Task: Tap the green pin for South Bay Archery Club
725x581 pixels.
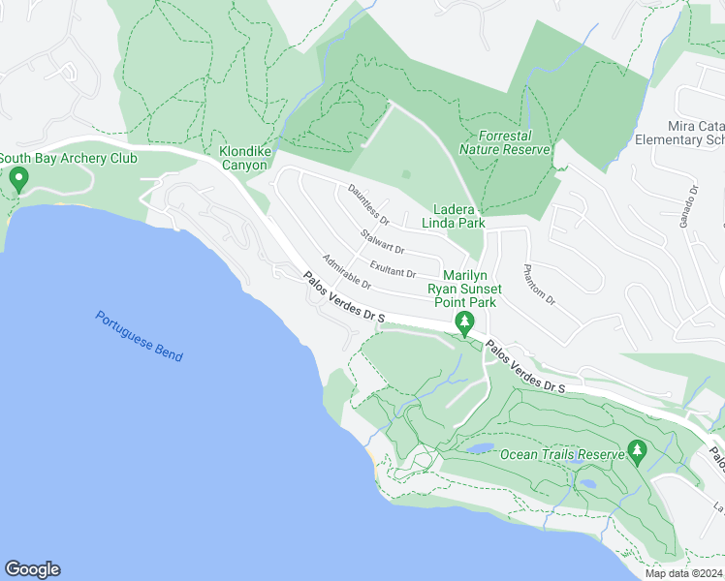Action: point(18,179)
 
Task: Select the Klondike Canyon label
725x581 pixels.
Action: point(229,159)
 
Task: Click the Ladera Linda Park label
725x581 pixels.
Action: point(458,216)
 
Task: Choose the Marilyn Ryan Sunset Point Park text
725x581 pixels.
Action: point(465,289)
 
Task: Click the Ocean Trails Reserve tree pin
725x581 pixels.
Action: point(637,450)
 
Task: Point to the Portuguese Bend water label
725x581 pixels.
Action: point(140,335)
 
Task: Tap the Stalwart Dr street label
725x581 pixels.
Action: point(382,242)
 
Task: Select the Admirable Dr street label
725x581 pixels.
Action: point(347,272)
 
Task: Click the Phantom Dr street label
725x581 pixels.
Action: point(538,286)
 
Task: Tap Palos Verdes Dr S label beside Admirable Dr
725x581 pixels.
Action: point(344,297)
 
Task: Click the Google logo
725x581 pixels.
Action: point(32,569)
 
